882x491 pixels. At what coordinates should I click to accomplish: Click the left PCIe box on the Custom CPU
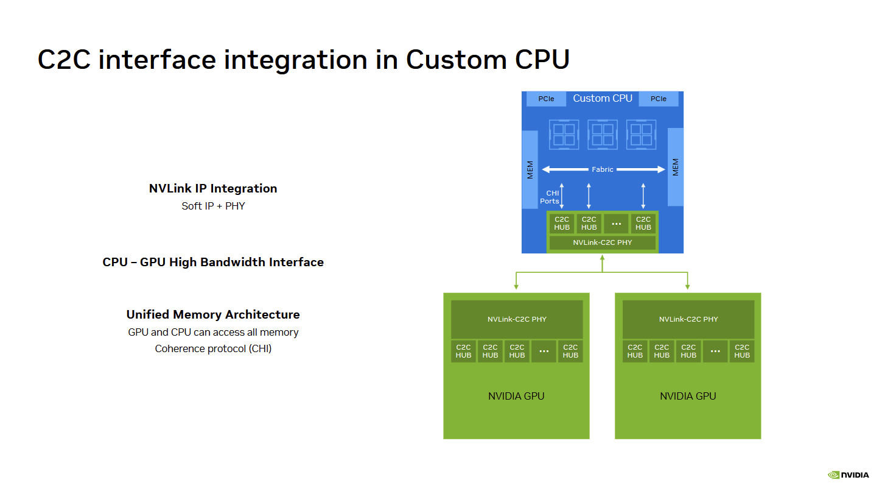tap(546, 99)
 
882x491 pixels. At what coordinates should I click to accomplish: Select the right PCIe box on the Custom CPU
tap(659, 99)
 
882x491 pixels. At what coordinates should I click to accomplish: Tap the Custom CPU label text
tap(603, 98)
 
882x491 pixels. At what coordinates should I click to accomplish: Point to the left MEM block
tap(530, 169)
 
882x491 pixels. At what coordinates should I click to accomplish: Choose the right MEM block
tap(676, 167)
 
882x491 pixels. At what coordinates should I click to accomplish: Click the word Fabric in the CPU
tap(603, 169)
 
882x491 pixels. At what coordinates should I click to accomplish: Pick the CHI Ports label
tap(550, 197)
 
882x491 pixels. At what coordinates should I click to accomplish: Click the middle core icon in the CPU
tap(603, 135)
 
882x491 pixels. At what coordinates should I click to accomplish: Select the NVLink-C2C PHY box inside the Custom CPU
tap(603, 242)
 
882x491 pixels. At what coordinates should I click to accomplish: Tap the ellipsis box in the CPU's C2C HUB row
tap(616, 224)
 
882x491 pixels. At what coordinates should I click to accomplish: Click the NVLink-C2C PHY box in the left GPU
tap(517, 319)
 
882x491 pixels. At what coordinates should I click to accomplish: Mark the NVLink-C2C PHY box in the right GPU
tap(688, 319)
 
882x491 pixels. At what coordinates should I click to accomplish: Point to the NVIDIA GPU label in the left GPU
tap(516, 396)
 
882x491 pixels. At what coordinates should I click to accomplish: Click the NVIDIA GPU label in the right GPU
tap(688, 396)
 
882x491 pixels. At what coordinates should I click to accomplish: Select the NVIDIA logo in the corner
tap(848, 475)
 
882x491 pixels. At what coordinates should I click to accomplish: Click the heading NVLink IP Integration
tap(213, 188)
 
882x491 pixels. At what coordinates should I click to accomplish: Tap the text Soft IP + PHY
tap(213, 206)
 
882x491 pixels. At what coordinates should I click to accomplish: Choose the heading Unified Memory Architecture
tap(213, 314)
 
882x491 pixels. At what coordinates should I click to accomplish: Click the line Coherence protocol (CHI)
tap(213, 348)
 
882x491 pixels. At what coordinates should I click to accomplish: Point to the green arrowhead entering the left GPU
tap(516, 287)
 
